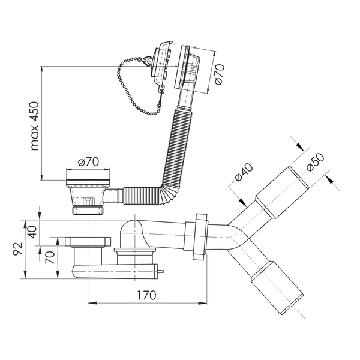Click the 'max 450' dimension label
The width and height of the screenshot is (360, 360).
[35, 126]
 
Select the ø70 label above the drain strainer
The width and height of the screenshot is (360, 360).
[88, 162]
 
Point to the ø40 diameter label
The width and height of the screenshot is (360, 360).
[244, 172]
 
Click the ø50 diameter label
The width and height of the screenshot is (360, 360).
[315, 162]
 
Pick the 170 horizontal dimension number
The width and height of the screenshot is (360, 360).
[146, 295]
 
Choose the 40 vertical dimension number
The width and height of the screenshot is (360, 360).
[32, 232]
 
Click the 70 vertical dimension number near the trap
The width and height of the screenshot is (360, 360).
[50, 257]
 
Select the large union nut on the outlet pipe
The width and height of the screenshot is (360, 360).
[200, 236]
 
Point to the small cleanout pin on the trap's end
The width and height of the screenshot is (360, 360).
[160, 272]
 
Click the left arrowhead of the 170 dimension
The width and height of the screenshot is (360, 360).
[92, 303]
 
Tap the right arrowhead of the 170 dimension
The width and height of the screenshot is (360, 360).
[203, 303]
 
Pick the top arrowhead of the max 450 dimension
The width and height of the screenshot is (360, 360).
[41, 70]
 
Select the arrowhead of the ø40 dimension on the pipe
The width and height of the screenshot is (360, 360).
[242, 202]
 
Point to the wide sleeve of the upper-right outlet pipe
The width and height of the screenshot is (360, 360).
[282, 193]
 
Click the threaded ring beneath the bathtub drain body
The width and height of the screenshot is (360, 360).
[88, 211]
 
